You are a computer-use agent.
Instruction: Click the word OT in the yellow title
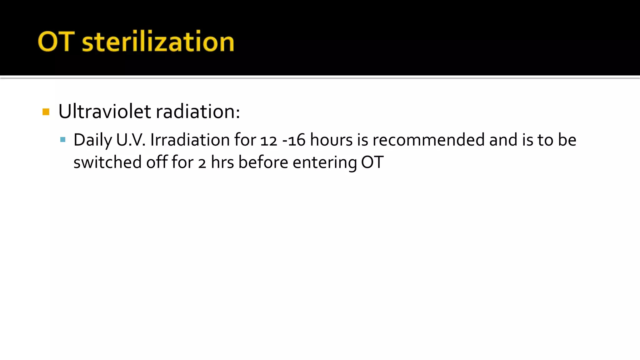click(56, 42)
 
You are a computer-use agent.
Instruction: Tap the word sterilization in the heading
click(158, 42)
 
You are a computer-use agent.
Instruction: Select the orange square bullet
click(46, 112)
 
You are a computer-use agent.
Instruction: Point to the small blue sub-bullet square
click(63, 139)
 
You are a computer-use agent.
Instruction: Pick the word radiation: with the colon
click(198, 111)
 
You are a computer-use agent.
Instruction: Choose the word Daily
click(92, 140)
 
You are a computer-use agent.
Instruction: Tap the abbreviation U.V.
click(131, 140)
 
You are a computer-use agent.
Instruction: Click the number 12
click(269, 140)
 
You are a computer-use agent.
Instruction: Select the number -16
click(294, 140)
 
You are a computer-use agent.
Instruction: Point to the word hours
click(331, 140)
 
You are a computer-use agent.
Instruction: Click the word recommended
click(428, 140)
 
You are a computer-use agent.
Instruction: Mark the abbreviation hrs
click(222, 162)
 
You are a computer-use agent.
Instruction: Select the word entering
click(325, 163)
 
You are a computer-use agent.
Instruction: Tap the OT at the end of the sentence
click(372, 162)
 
